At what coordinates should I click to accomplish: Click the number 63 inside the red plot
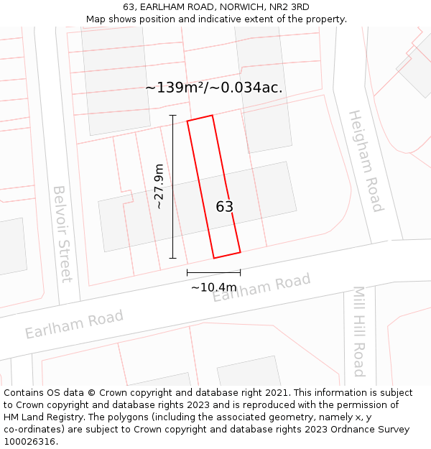coord(225,207)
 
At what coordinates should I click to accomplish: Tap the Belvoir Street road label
coord(62,233)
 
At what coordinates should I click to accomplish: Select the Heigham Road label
coord(365,161)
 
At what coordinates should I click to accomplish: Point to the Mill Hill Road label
coord(358,331)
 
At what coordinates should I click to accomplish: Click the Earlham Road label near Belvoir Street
coord(74,324)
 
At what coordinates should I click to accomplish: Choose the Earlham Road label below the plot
coord(261,287)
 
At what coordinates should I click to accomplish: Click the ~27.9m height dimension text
coord(159,187)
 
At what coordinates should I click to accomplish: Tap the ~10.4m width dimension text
coord(214,287)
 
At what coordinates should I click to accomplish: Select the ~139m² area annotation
coord(213,88)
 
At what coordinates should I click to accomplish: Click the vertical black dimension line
coord(172,187)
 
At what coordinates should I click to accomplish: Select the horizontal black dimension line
coord(213,272)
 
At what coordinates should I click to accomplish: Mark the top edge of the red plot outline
coord(200,118)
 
